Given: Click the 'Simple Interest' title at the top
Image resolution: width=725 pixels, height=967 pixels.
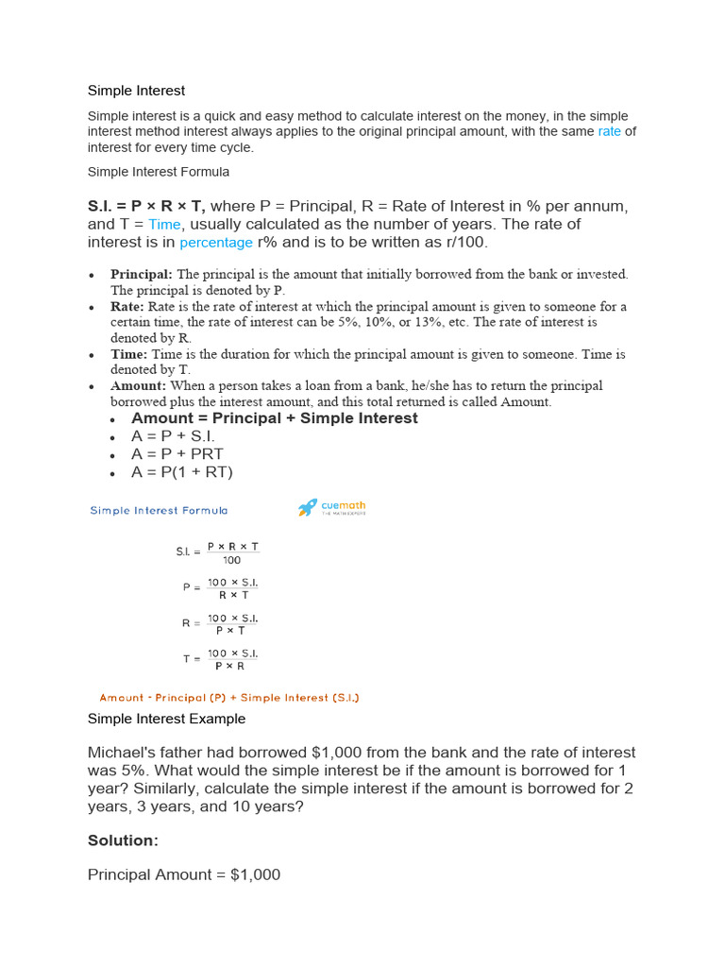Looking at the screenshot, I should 136,91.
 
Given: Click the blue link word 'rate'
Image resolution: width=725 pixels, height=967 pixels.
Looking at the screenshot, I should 609,132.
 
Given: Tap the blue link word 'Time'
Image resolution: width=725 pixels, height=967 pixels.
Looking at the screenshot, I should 164,225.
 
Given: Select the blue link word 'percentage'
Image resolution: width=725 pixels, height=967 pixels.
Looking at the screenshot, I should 216,243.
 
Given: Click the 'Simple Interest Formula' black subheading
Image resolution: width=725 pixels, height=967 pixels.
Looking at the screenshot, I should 159,173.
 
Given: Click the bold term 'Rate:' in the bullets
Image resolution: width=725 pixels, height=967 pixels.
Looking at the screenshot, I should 127,307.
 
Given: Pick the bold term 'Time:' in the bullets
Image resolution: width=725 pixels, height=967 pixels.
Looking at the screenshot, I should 129,354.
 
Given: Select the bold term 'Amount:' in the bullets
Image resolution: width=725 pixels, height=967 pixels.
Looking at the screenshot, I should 138,386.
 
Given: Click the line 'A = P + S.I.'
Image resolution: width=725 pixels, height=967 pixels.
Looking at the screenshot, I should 174,436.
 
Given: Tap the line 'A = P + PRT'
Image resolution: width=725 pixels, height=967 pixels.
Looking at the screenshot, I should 177,454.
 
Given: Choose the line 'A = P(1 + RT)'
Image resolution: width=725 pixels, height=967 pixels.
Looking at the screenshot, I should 182,472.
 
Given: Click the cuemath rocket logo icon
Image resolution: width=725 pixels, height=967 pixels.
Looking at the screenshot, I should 308,508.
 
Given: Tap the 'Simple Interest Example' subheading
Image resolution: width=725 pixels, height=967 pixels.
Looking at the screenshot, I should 166,719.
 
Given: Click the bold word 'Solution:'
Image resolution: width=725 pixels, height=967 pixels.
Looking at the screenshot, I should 123,840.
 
